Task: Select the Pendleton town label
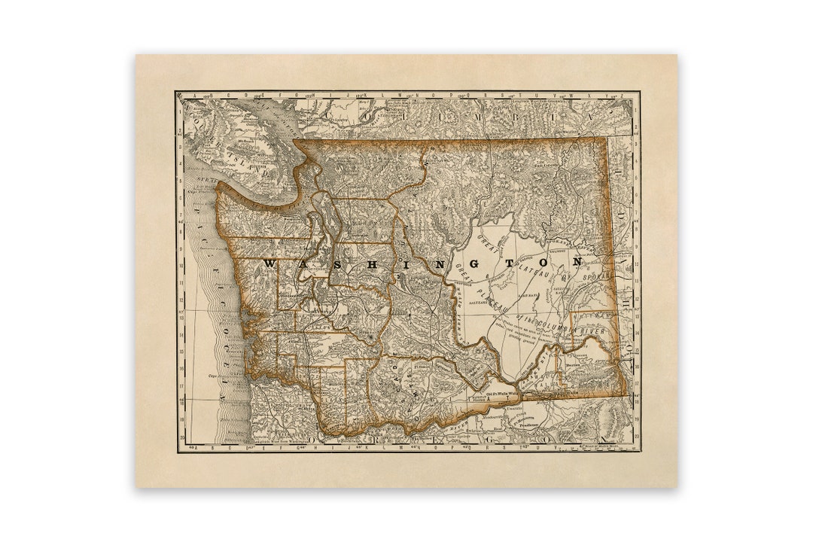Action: click(x=535, y=424)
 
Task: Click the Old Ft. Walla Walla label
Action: click(x=492, y=393)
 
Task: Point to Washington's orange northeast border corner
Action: click(x=607, y=139)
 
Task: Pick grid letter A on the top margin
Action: click(x=188, y=96)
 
